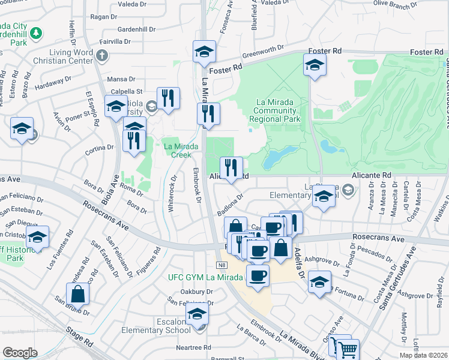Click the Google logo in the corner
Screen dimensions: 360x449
click(20, 353)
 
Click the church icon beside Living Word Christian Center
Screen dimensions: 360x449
click(102, 56)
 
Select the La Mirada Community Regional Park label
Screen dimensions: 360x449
click(276, 110)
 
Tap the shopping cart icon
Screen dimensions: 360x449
click(348, 349)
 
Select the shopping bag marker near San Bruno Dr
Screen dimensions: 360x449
click(78, 294)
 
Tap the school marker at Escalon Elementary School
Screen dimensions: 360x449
click(197, 314)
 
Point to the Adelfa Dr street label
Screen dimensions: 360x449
click(298, 260)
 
